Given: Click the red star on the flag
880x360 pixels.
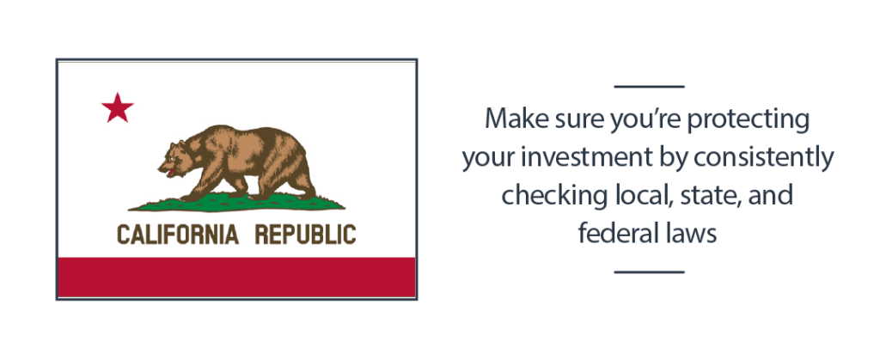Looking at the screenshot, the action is (117, 108).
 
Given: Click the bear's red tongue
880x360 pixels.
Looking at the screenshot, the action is (169, 173).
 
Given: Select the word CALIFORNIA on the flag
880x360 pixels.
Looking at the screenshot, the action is (177, 235).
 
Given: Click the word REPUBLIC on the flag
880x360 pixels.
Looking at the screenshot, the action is (305, 235).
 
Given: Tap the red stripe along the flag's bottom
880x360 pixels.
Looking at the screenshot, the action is (236, 277).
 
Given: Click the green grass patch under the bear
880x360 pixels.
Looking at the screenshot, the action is (236, 203).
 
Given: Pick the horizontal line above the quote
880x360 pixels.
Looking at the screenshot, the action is (650, 87).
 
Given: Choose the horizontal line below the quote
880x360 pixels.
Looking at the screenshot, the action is (650, 272).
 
